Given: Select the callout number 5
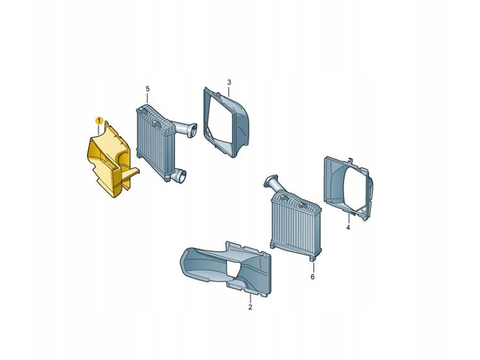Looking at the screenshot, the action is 148,89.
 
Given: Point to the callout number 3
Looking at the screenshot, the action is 229,82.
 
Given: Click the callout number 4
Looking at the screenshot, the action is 348,227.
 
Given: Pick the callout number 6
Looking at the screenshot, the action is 313,277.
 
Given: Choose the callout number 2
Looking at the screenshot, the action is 250,307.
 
